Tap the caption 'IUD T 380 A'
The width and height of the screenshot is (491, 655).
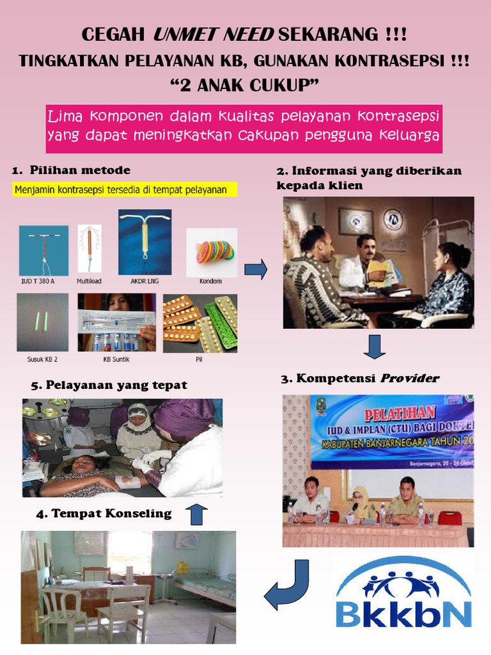38,280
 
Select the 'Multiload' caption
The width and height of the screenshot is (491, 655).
89,280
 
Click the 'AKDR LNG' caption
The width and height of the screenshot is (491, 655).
144,280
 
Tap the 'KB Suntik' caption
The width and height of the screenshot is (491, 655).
116,359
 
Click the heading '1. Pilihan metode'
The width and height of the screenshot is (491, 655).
71,170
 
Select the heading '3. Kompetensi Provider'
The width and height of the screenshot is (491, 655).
359,379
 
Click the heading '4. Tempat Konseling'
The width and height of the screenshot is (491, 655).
104,513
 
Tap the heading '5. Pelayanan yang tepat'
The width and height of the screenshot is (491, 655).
109,385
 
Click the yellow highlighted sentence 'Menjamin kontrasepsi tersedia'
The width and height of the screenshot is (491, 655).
125,190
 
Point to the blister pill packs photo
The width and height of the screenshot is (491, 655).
199,324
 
